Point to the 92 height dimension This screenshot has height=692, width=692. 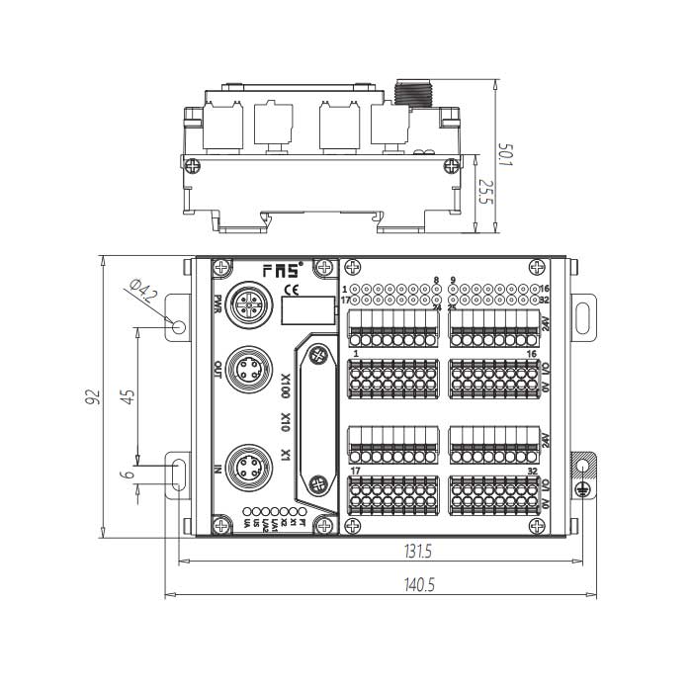tap(93, 397)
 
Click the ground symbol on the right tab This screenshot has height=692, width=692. tap(585, 464)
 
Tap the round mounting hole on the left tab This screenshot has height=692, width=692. tap(179, 326)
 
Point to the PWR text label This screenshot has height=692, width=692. tap(217, 303)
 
